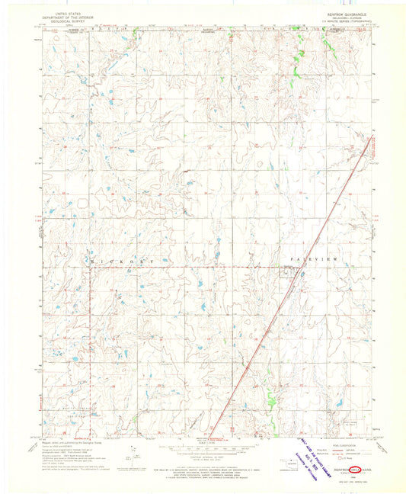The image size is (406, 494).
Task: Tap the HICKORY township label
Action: (122, 261)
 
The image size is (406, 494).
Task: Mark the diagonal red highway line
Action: (289, 290)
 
